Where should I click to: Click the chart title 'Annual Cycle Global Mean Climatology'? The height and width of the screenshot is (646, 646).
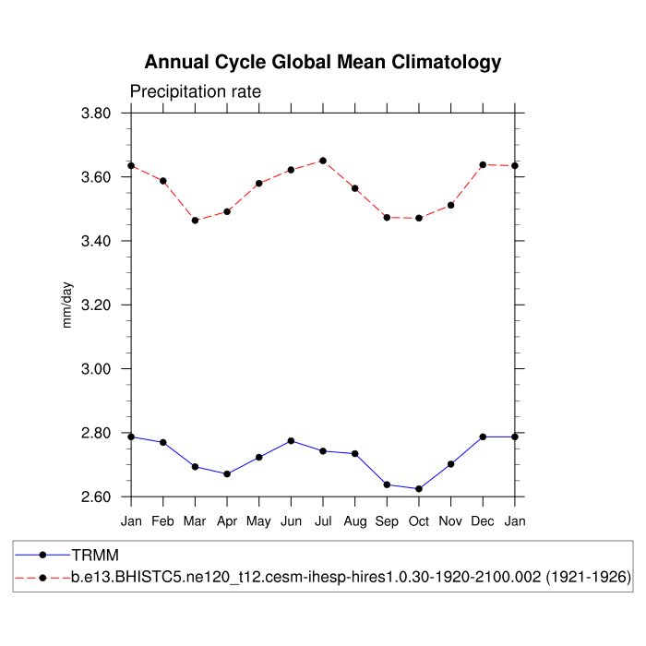pyautogui.click(x=323, y=63)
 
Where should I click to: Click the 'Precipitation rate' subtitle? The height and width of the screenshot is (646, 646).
pyautogui.click(x=196, y=91)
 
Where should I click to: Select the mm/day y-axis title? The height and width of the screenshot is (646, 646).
pyautogui.click(x=67, y=305)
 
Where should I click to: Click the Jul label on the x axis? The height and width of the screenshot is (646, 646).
pyautogui.click(x=323, y=521)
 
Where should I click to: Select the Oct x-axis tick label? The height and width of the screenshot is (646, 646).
pyautogui.click(x=419, y=521)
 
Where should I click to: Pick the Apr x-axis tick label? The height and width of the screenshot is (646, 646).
pyautogui.click(x=227, y=521)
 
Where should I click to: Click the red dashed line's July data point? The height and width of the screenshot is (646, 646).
pyautogui.click(x=323, y=161)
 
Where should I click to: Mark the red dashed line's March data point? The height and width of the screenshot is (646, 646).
pyautogui.click(x=195, y=221)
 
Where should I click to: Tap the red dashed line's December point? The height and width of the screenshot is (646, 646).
pyautogui.click(x=483, y=164)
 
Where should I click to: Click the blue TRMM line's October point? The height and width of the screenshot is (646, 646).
pyautogui.click(x=419, y=489)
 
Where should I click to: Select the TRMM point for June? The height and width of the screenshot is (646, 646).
pyautogui.click(x=291, y=441)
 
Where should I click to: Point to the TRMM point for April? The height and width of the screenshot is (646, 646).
pyautogui.click(x=227, y=474)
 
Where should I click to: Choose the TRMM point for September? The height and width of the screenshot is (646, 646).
pyautogui.click(x=387, y=484)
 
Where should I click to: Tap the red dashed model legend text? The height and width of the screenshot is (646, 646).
pyautogui.click(x=351, y=578)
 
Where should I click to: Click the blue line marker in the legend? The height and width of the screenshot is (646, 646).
pyautogui.click(x=42, y=555)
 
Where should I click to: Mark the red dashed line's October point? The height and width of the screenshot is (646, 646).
pyautogui.click(x=419, y=218)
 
